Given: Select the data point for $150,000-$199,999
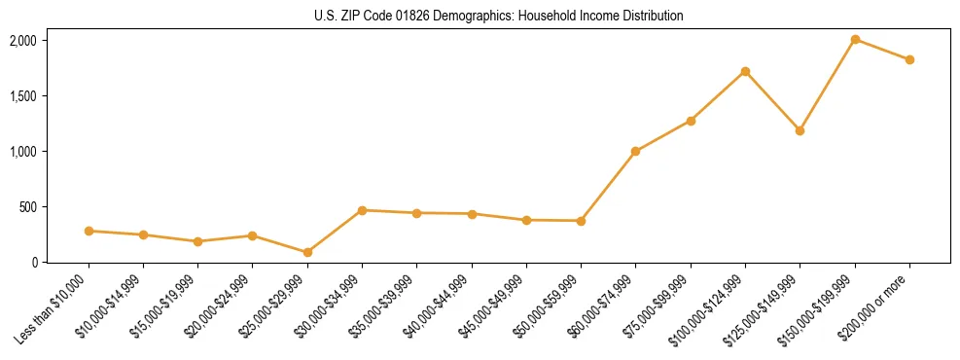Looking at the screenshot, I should click(x=855, y=40).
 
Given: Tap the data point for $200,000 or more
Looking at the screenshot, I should click(x=909, y=59).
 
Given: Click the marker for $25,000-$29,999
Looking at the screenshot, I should click(x=307, y=252).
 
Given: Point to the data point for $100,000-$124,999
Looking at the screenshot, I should click(x=745, y=71).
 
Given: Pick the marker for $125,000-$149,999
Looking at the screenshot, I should click(x=800, y=130).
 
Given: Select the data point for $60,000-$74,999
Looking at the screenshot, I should click(x=635, y=151).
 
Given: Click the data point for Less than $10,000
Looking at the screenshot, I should click(x=89, y=231).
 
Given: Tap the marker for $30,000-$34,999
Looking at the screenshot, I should click(x=362, y=210).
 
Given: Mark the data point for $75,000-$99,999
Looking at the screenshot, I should click(x=691, y=121).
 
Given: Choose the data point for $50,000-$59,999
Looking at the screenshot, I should click(x=581, y=221).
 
